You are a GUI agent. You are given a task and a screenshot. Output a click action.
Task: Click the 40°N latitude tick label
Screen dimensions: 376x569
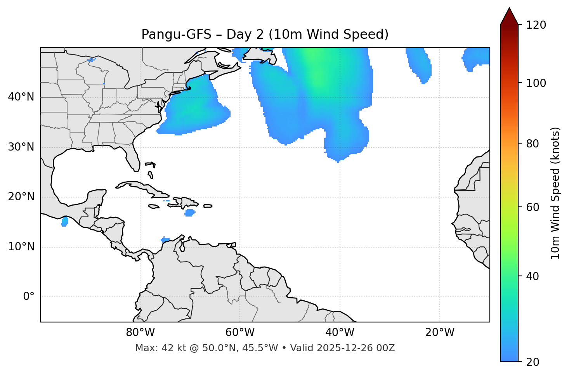click(x=21, y=97)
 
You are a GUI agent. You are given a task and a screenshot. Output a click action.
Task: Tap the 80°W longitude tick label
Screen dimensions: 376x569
click(x=140, y=333)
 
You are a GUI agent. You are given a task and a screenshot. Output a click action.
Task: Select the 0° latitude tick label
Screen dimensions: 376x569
click(x=29, y=297)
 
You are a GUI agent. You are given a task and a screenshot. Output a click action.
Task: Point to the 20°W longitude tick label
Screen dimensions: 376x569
click(x=440, y=333)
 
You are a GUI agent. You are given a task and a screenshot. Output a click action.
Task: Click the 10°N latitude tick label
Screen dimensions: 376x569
click(x=21, y=247)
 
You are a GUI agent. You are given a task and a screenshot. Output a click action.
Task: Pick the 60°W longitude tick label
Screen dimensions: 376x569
click(x=239, y=333)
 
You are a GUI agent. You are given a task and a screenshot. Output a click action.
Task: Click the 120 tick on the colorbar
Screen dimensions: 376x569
click(x=536, y=25)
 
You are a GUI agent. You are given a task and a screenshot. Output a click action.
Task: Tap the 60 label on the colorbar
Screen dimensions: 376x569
click(x=532, y=207)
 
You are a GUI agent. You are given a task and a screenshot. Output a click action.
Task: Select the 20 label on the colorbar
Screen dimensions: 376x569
click(x=532, y=362)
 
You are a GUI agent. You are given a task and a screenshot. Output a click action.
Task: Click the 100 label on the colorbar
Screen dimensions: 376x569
click(x=536, y=83)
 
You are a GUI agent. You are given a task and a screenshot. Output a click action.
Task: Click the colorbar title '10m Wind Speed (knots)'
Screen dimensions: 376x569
click(x=555, y=193)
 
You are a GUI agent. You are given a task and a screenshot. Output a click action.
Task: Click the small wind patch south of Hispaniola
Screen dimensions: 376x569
click(x=189, y=213)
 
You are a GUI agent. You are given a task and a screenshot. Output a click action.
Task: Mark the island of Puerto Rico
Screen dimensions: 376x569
click(x=208, y=206)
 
